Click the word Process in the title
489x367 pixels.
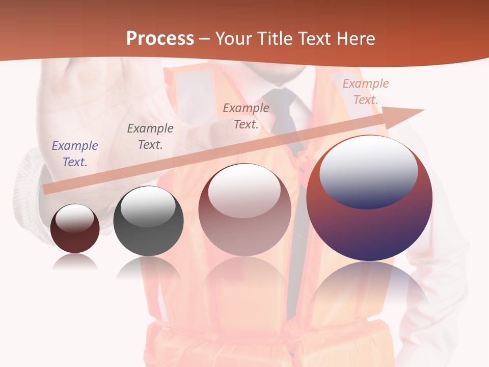point(160,38)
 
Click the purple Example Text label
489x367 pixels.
point(75,154)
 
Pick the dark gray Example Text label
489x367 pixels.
point(150,137)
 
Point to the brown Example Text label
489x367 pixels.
point(246,116)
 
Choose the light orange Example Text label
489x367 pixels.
point(366,92)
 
